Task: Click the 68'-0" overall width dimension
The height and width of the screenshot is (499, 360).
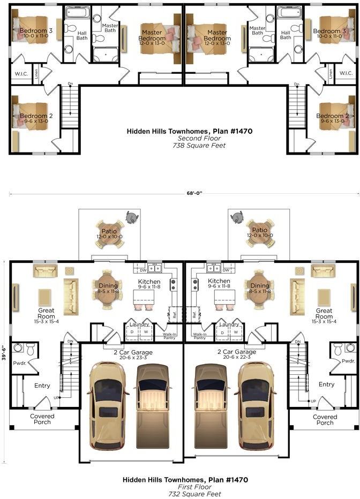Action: coord(194,193)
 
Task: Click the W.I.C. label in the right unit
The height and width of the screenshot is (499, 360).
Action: coord(346,73)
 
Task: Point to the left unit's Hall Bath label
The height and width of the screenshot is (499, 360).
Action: coord(82,35)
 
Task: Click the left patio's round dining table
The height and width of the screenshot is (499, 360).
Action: coord(109,234)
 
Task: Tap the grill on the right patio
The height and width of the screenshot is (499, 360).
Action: coord(237,217)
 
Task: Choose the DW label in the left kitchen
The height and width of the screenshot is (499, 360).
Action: coord(143,270)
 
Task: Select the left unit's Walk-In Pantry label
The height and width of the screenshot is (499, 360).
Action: coord(169,336)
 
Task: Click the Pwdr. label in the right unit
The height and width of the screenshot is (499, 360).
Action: coord(348,361)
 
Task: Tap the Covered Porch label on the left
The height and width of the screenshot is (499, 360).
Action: coord(42,419)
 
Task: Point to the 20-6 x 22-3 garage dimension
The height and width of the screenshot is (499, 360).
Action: coord(237,357)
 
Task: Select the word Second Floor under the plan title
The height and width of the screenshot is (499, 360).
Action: coord(199,138)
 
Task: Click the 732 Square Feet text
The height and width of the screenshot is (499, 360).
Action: coord(195,494)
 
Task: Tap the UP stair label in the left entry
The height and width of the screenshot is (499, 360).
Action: coord(56,398)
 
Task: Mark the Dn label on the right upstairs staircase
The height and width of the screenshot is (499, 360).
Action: coord(297,85)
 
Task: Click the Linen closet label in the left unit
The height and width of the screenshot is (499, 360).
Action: coord(36,74)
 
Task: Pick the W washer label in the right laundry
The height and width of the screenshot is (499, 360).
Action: coord(236,332)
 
